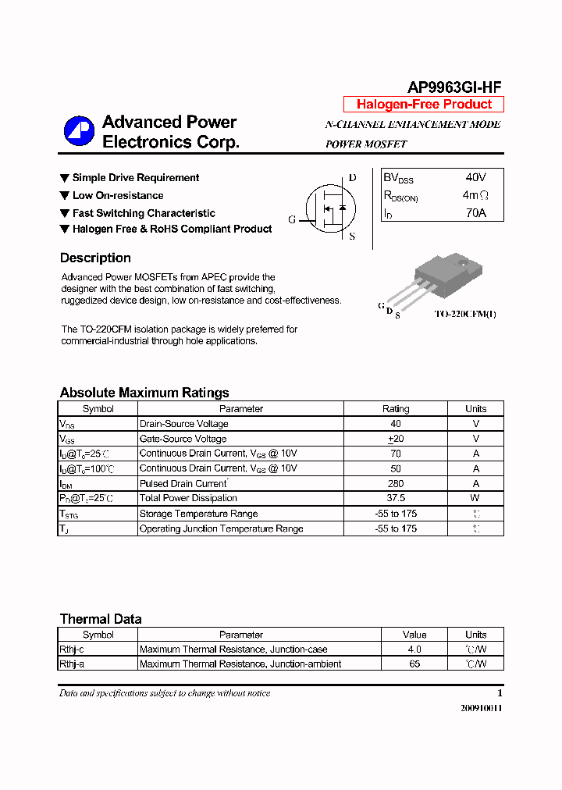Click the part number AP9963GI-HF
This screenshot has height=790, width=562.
pos(454,87)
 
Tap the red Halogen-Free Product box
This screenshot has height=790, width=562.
pos(424,105)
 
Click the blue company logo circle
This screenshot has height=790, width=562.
pos(79,131)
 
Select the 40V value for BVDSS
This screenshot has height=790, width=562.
pos(475,178)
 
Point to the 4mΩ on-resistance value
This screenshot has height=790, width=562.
pos(475,195)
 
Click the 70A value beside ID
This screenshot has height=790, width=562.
pos(475,212)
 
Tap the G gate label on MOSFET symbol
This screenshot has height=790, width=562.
pos(293,219)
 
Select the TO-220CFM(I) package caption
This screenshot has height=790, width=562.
pos(465,314)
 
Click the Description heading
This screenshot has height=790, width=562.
pos(95,258)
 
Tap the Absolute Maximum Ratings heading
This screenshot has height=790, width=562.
pos(144,393)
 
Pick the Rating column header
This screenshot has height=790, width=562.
pos(396,408)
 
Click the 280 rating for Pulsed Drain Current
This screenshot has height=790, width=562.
pos(396,483)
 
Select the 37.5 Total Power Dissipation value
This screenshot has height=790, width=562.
pos(396,498)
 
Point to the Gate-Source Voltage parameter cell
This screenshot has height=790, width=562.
pos(183,439)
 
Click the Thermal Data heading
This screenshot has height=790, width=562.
pos(101,619)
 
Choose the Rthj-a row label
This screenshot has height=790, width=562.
pos(73,664)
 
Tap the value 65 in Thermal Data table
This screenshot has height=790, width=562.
pos(414,664)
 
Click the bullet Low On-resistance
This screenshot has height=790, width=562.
pos(117,195)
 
